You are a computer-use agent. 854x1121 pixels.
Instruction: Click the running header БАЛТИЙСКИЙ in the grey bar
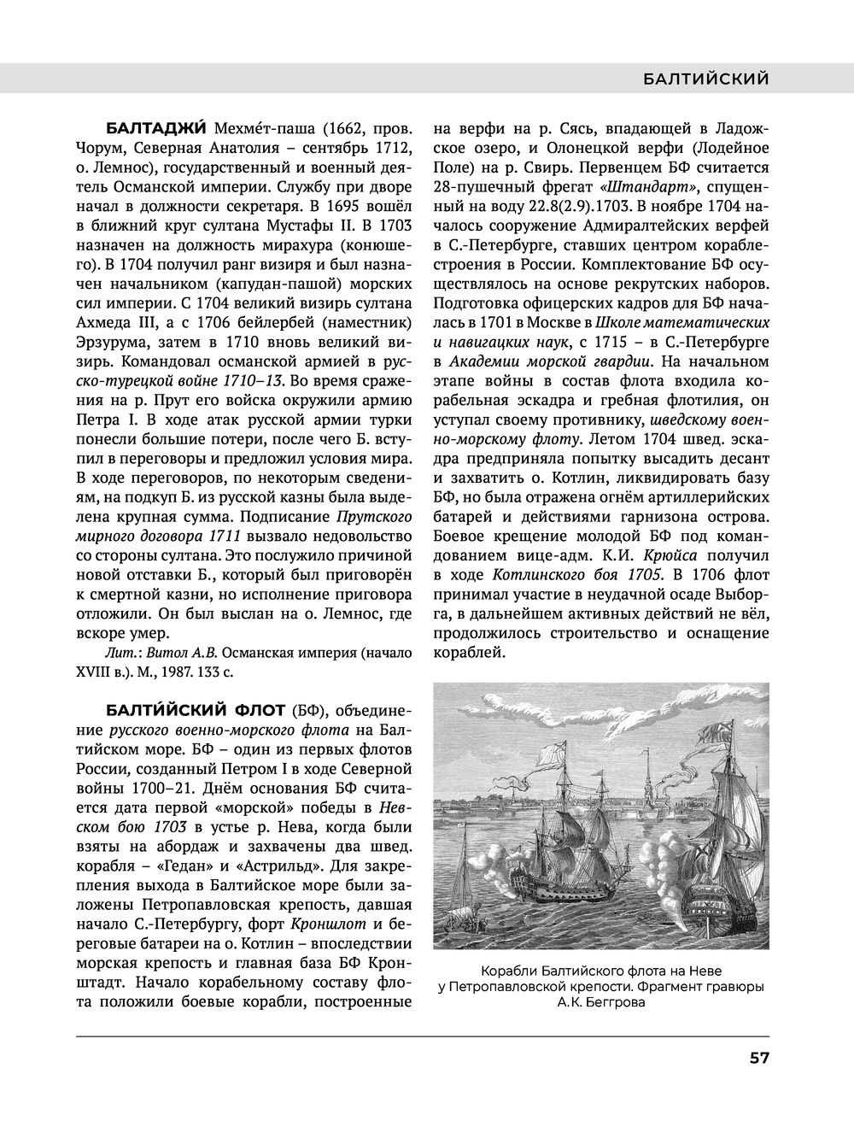coord(705,79)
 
